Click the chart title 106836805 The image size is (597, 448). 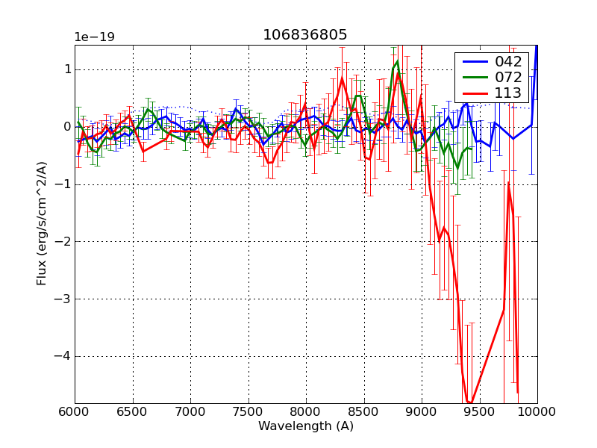(304, 35)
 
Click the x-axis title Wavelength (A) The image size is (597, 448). (306, 426)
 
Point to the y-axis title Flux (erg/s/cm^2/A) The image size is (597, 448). (42, 224)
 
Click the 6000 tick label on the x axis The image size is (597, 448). (75, 412)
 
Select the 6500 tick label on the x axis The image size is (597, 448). (133, 412)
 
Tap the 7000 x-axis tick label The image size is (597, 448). (190, 412)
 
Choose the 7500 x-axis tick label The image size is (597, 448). (249, 412)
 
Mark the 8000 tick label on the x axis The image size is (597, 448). (306, 412)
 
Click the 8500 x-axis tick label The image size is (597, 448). (364, 412)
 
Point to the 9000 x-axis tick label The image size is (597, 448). (422, 412)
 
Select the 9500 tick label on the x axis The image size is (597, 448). (480, 412)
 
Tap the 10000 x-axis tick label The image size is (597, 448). (537, 412)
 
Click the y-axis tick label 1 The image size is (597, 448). (66, 69)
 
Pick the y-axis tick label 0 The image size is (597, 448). (66, 127)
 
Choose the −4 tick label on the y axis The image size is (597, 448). (61, 356)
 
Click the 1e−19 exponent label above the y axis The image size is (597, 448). (95, 37)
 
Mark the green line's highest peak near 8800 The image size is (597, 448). (398, 54)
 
